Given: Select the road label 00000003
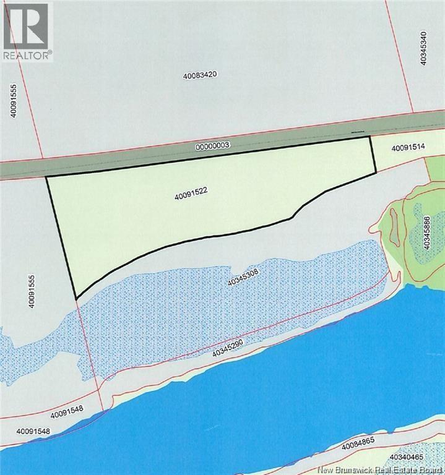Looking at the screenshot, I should (212, 146).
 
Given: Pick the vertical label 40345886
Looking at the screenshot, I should (426, 233).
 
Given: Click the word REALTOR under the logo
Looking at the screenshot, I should (26, 55).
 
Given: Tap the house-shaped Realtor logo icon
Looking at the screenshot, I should (26, 25).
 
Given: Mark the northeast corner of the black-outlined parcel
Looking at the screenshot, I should (369, 136).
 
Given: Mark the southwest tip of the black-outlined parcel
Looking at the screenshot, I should (76, 299).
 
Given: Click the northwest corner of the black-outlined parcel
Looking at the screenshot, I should (46, 178).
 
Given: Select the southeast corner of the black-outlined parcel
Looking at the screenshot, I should (376, 173).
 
